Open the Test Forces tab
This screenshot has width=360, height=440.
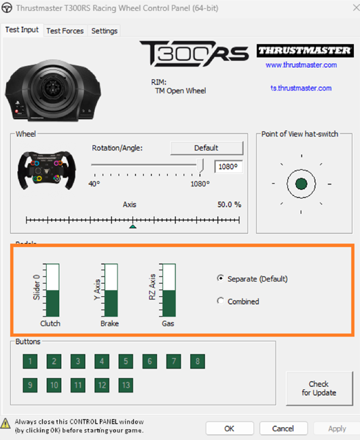[x=65, y=31]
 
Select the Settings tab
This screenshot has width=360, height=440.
[x=104, y=31]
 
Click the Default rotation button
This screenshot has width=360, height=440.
[x=206, y=148]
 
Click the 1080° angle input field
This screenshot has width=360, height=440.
[x=228, y=166]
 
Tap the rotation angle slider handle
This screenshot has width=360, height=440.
[x=200, y=165]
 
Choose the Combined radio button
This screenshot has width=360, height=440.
[x=221, y=301]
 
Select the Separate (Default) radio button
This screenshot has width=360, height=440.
[x=221, y=278]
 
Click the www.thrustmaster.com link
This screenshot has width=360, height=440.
[x=301, y=65]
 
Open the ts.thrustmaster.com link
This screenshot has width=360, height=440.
[x=301, y=88]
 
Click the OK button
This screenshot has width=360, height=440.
[x=230, y=428]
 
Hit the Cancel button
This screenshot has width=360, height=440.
[x=283, y=428]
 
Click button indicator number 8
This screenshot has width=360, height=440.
[x=198, y=361]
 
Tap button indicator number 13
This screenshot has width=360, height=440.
[x=126, y=385]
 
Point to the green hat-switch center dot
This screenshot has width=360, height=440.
[x=302, y=184]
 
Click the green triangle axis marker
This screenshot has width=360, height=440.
[x=133, y=226]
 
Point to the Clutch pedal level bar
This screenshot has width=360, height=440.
[x=52, y=290]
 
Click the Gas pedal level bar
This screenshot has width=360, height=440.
[x=169, y=290]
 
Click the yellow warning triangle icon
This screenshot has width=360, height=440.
[x=5, y=423]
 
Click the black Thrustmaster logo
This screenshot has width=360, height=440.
[x=305, y=51]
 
